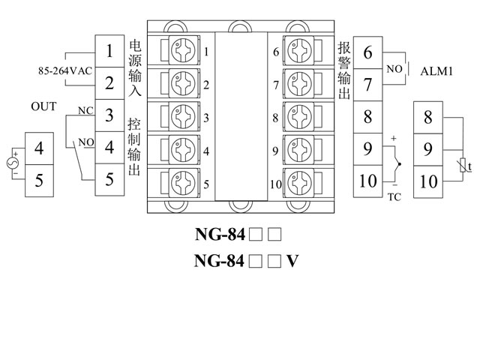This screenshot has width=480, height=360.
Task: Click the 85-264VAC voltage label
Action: (64, 71)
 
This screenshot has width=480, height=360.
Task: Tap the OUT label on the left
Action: (43, 106)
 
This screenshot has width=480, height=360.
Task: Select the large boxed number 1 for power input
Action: (110, 52)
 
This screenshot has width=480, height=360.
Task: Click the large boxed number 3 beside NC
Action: (110, 115)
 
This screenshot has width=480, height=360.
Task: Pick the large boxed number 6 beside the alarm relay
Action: (367, 53)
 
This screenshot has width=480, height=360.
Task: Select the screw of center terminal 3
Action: (183, 118)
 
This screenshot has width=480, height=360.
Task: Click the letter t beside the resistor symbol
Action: (469, 166)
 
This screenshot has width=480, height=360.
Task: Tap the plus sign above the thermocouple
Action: (392, 139)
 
